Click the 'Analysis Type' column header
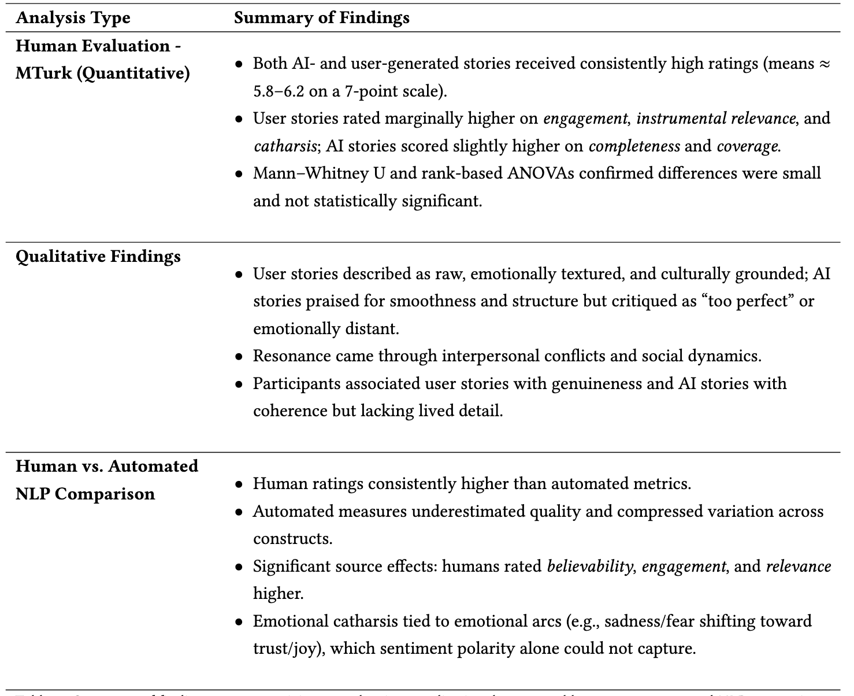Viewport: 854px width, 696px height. point(73,18)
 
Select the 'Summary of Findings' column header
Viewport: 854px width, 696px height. point(321,18)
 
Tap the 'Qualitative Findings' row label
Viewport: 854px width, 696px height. point(98,256)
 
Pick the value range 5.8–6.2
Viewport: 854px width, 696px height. point(283,91)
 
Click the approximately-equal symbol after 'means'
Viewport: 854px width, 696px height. point(825,64)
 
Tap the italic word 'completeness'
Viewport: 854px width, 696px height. point(634,146)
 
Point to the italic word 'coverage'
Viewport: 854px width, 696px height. point(748,146)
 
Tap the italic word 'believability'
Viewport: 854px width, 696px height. point(589,567)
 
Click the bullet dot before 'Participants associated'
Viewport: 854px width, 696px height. point(239,384)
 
